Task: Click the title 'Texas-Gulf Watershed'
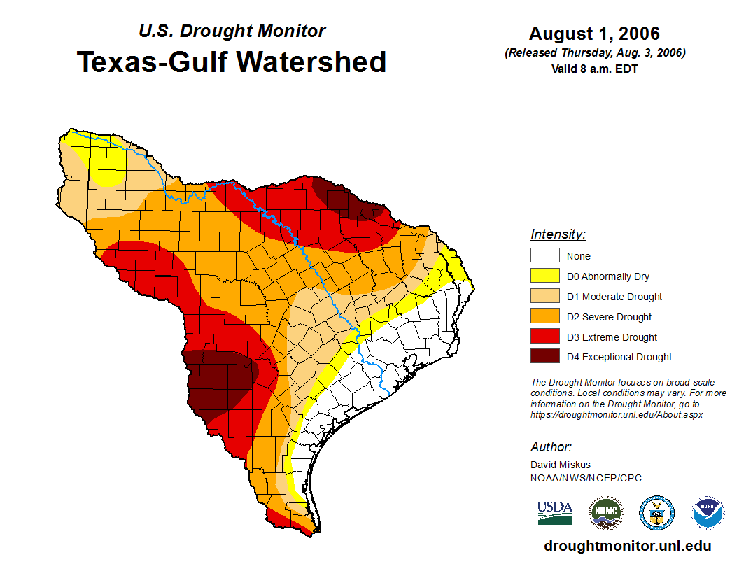[232, 62]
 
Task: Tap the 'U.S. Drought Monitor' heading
[232, 31]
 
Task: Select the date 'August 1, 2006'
[594, 34]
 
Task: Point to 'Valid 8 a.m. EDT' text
[594, 69]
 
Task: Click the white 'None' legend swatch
[544, 256]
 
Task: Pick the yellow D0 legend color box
[544, 276]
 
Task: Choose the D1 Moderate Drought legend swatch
[544, 296]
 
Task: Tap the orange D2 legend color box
[544, 316]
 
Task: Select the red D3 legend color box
[544, 337]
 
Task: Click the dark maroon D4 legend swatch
[544, 356]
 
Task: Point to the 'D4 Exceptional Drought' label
[619, 357]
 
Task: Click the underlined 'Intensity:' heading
[558, 234]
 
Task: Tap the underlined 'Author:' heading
[551, 447]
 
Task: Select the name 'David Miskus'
[561, 465]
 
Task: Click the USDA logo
[555, 512]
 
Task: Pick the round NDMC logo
[605, 513]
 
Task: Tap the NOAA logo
[708, 513]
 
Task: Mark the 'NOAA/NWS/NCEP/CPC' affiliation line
[586, 478]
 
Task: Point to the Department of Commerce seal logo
[657, 513]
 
